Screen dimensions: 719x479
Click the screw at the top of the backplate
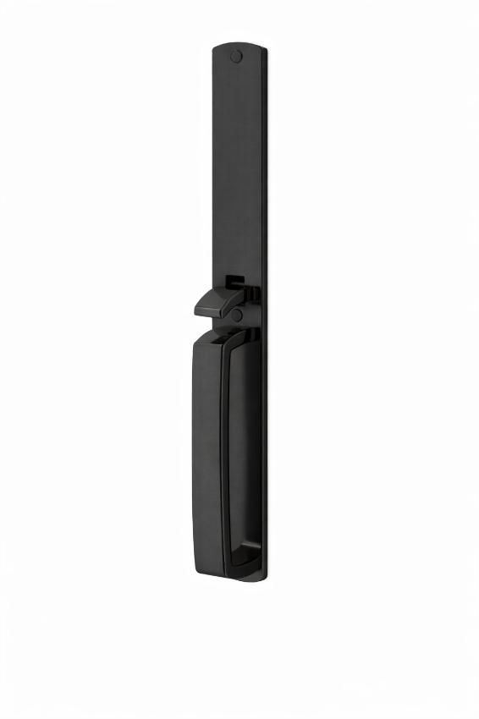click(x=236, y=58)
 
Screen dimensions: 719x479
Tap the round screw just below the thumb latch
click(x=237, y=315)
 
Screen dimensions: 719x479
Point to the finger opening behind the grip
click(x=242, y=457)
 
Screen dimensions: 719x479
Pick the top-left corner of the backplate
click(x=214, y=49)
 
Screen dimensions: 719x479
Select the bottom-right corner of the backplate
click(x=263, y=579)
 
